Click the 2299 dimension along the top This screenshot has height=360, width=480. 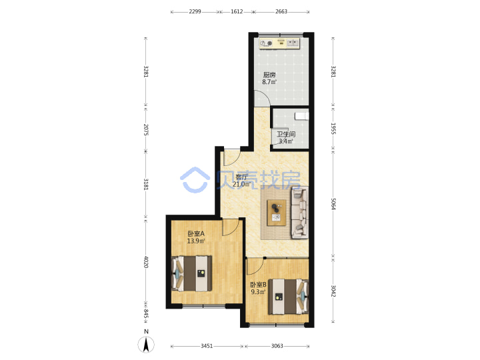[x=195, y=11]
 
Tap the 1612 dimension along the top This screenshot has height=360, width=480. [x=237, y=11]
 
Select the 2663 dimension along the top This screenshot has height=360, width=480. [x=281, y=11]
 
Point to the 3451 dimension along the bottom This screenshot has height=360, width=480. [x=207, y=346]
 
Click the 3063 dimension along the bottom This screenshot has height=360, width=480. [x=277, y=346]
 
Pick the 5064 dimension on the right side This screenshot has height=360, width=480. [x=333, y=204]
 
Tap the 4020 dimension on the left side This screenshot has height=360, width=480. [x=146, y=262]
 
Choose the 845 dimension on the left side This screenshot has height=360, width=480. [x=146, y=315]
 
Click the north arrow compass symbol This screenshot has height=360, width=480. [x=146, y=345]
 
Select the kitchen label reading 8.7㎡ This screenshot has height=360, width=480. [x=269, y=82]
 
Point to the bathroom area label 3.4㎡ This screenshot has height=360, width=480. [x=285, y=141]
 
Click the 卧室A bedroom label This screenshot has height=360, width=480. [x=196, y=233]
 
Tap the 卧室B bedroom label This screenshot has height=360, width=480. [x=259, y=285]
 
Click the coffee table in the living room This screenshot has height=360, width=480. [x=277, y=213]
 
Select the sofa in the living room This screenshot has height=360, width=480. [x=300, y=213]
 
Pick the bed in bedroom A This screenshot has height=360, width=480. [x=192, y=273]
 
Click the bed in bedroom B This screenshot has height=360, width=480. [x=289, y=296]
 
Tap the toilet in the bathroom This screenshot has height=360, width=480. [x=302, y=116]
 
